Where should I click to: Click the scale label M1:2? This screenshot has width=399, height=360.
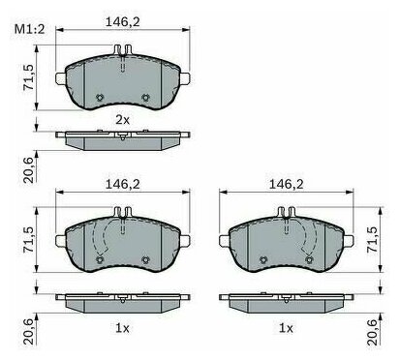click(29, 30)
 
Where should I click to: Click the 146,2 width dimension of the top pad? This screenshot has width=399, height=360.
click(123, 21)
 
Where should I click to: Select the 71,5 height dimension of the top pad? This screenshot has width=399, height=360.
click(29, 77)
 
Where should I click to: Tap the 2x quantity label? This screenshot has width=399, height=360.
click(122, 120)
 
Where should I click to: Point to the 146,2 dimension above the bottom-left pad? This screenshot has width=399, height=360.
click(123, 184)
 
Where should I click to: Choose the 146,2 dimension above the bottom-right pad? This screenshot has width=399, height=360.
click(287, 184)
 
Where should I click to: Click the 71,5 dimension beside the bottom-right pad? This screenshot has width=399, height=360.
click(373, 239)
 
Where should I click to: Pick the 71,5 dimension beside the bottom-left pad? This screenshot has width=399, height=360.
click(29, 239)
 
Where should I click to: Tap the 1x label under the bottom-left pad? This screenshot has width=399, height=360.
click(122, 328)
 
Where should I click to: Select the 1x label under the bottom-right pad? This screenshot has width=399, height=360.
click(286, 328)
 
